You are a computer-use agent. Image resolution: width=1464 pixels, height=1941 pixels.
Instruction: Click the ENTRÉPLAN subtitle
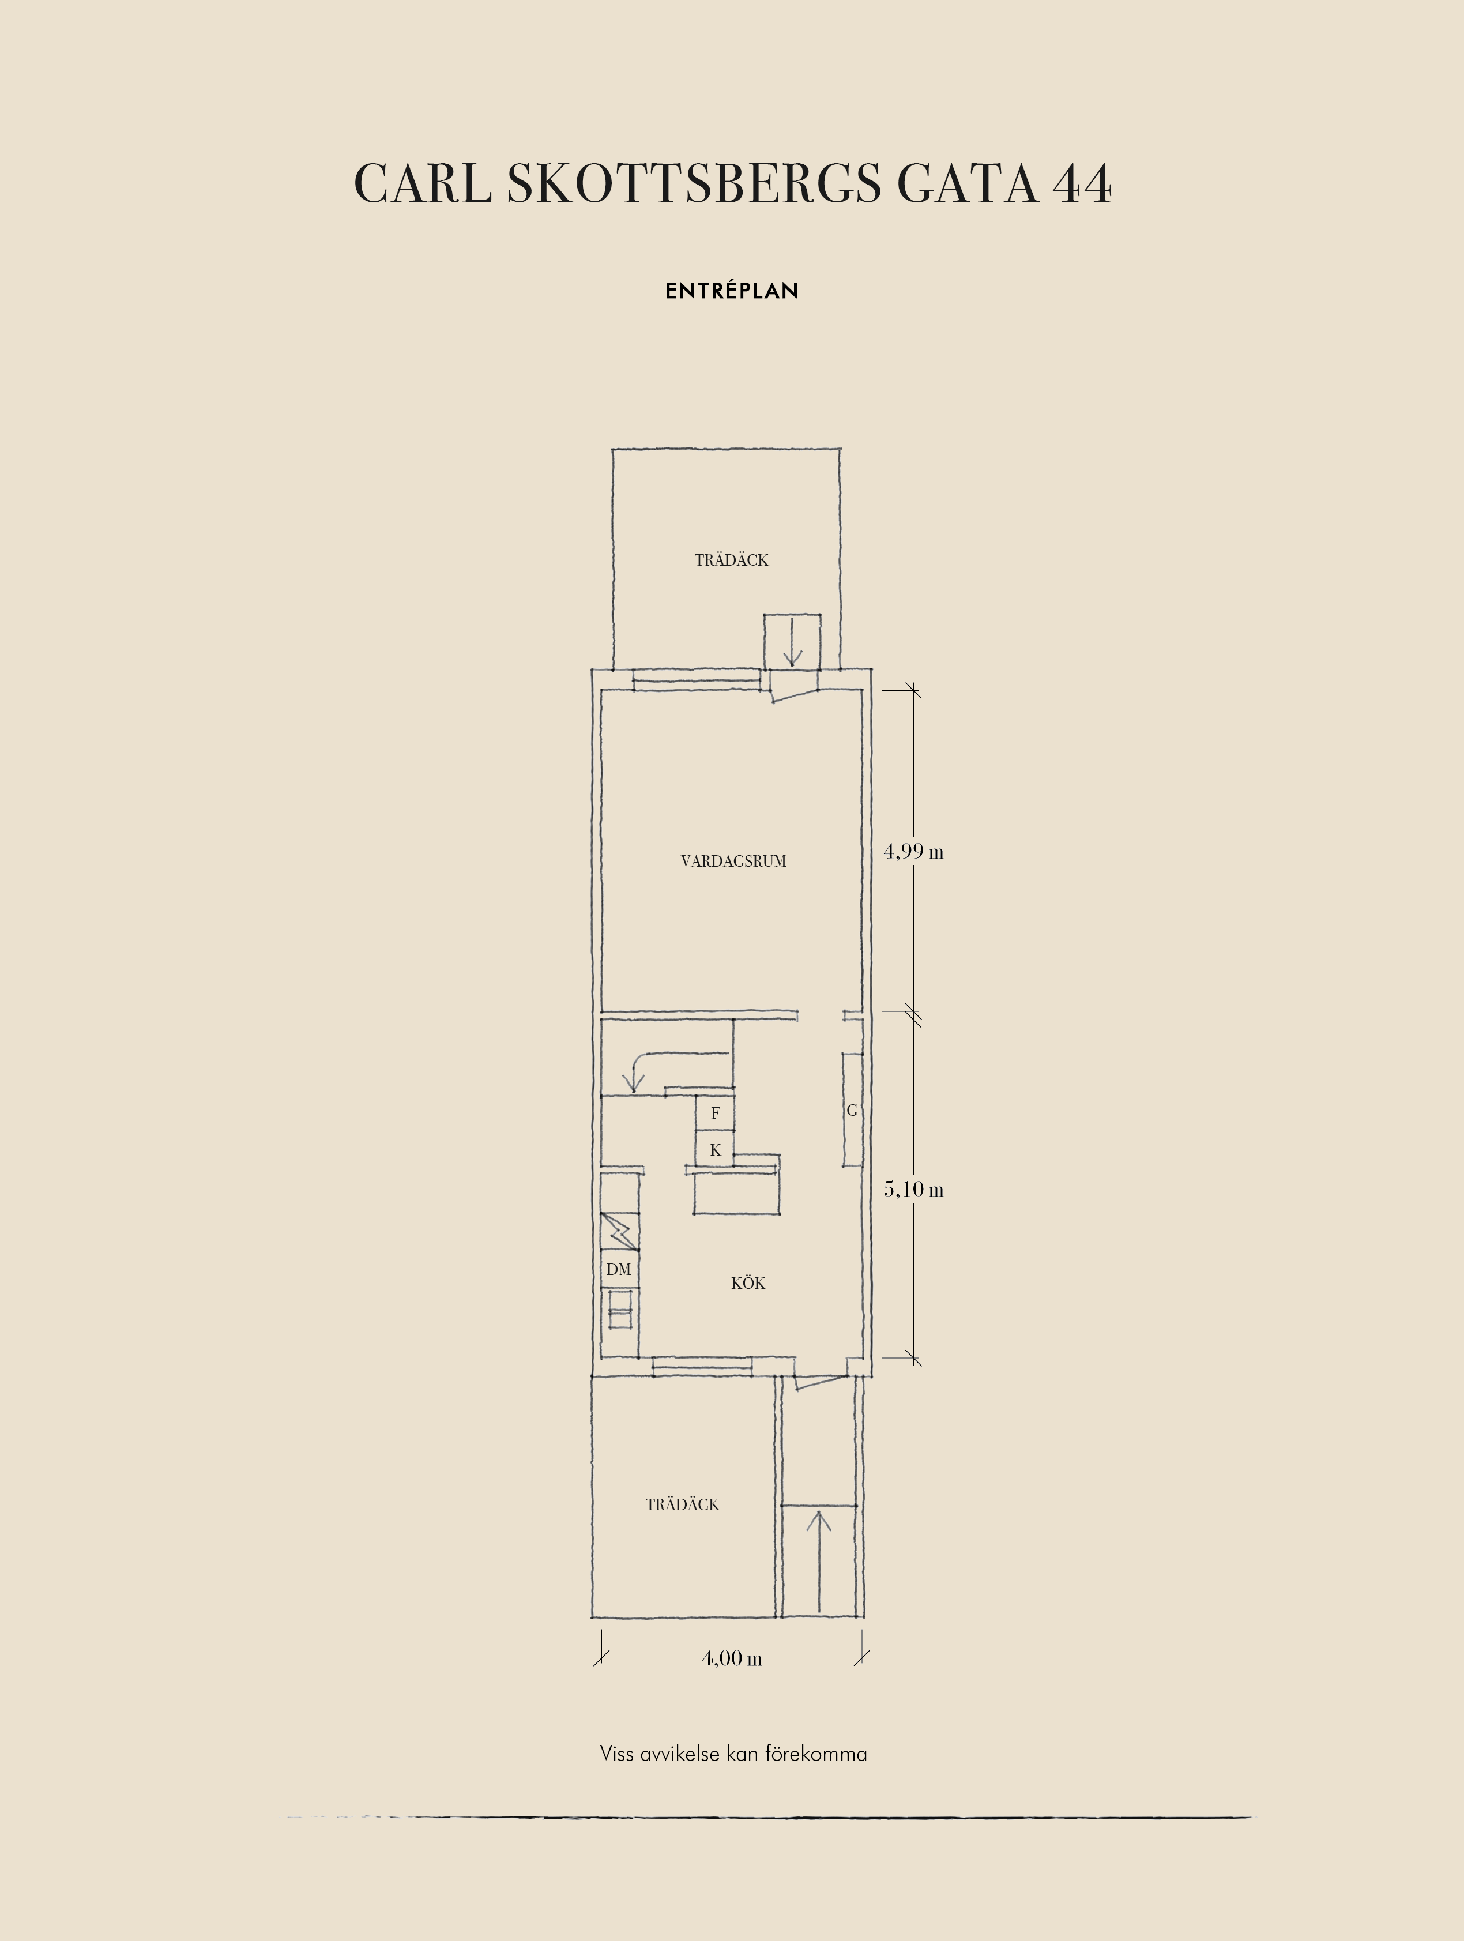pyautogui.click(x=732, y=291)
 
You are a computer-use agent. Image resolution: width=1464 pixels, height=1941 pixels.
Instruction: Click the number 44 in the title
pyautogui.click(x=1082, y=185)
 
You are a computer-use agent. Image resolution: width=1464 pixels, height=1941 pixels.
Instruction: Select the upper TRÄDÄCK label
pyautogui.click(x=732, y=560)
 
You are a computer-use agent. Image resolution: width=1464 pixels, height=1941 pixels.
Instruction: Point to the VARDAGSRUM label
pyautogui.click(x=733, y=862)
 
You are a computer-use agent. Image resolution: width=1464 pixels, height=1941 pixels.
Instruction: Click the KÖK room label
pyautogui.click(x=748, y=1283)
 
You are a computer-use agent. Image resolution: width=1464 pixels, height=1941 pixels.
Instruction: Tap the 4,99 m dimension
pyautogui.click(x=913, y=851)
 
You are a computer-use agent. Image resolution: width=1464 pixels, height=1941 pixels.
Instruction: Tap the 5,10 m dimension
pyautogui.click(x=913, y=1189)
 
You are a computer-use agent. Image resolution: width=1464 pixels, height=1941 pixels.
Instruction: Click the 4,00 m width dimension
pyautogui.click(x=732, y=1658)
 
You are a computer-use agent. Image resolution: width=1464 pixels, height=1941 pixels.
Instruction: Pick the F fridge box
pyautogui.click(x=715, y=1113)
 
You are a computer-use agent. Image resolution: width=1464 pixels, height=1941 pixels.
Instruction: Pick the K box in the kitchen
pyautogui.click(x=715, y=1149)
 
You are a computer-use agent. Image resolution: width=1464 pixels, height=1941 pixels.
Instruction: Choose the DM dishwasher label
pyautogui.click(x=618, y=1269)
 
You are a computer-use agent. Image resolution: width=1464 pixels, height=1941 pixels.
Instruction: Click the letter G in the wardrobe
pyautogui.click(x=852, y=1110)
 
